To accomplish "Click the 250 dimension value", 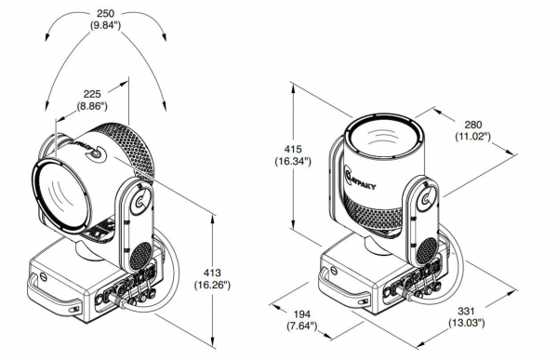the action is click(106, 14).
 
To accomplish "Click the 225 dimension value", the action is click(92, 94).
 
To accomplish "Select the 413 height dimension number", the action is click(212, 273).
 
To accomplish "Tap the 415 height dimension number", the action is click(293, 149).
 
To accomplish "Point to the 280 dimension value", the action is click(473, 125).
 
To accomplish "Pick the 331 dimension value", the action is click(466, 312).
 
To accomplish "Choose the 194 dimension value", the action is click(301, 314).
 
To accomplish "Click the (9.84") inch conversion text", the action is click(106, 26).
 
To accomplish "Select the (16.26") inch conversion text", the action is click(212, 285).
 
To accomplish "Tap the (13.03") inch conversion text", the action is click(466, 324).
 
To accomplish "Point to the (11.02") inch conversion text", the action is click(473, 137).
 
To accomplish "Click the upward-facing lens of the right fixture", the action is click(383, 137).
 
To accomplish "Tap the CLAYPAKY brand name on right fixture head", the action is click(361, 179).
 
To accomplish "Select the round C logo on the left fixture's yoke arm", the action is click(141, 202).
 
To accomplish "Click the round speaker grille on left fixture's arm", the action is click(141, 256).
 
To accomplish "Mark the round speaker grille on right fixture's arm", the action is click(427, 252).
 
